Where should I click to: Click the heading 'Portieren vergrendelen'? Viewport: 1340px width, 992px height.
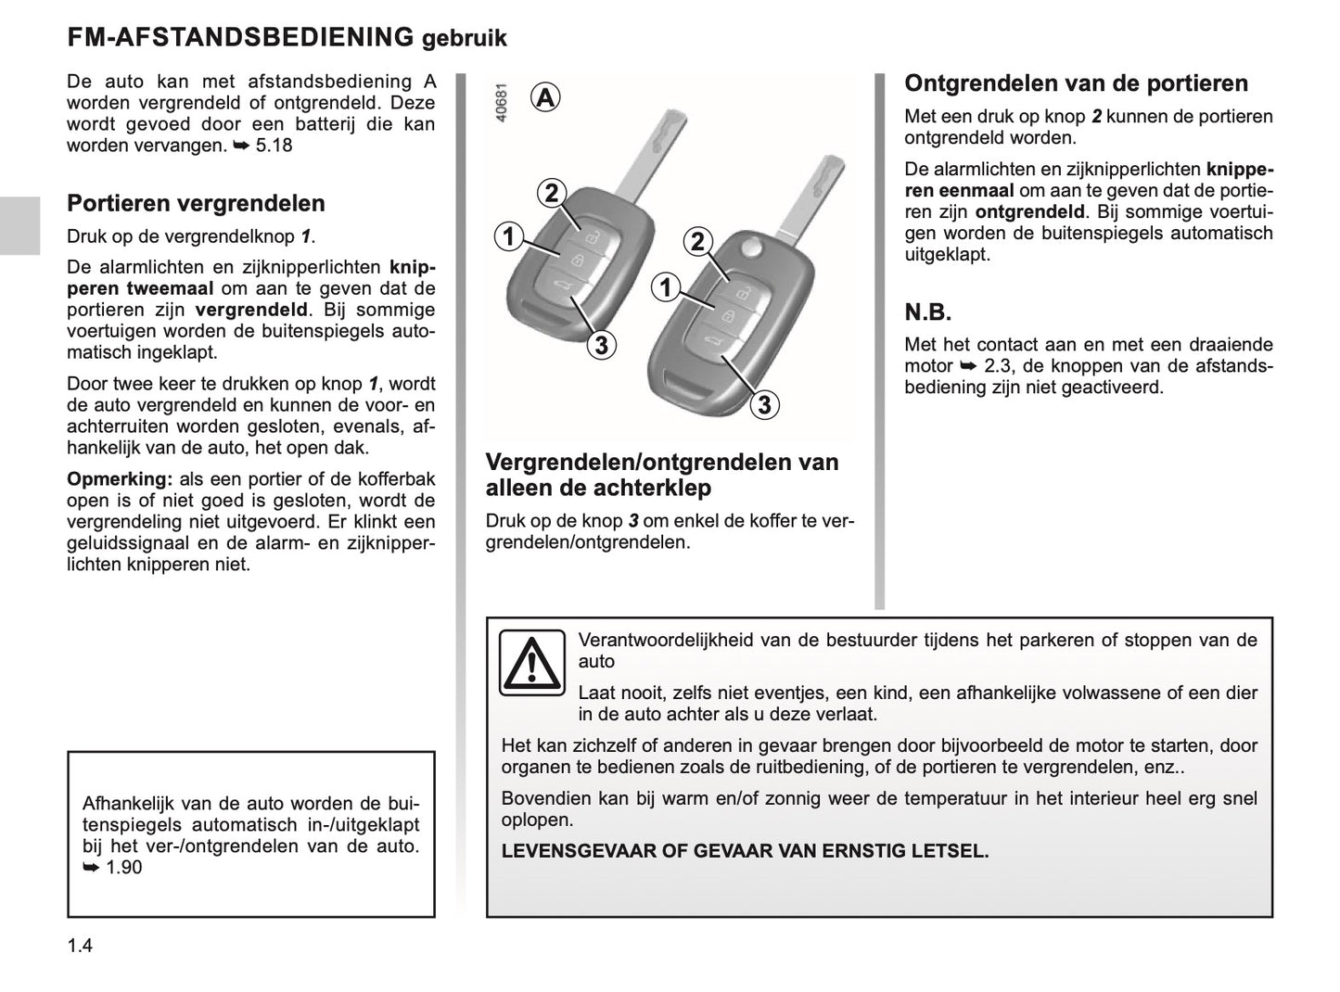[196, 204]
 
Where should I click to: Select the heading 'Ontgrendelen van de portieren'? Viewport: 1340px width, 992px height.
[1076, 83]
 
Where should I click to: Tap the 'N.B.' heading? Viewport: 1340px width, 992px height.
[928, 312]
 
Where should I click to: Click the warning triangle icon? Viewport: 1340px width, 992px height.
[531, 662]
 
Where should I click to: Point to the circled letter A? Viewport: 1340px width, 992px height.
[546, 97]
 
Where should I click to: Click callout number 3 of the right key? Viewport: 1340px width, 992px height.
[764, 405]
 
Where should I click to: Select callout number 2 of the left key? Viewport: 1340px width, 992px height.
[551, 193]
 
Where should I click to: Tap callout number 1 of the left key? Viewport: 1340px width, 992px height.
[508, 236]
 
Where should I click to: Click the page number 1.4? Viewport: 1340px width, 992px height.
[80, 946]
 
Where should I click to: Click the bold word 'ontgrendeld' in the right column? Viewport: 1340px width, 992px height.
[1029, 211]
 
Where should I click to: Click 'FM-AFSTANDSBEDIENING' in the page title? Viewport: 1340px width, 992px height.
[240, 37]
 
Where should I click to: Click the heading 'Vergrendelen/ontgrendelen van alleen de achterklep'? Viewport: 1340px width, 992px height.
[662, 475]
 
